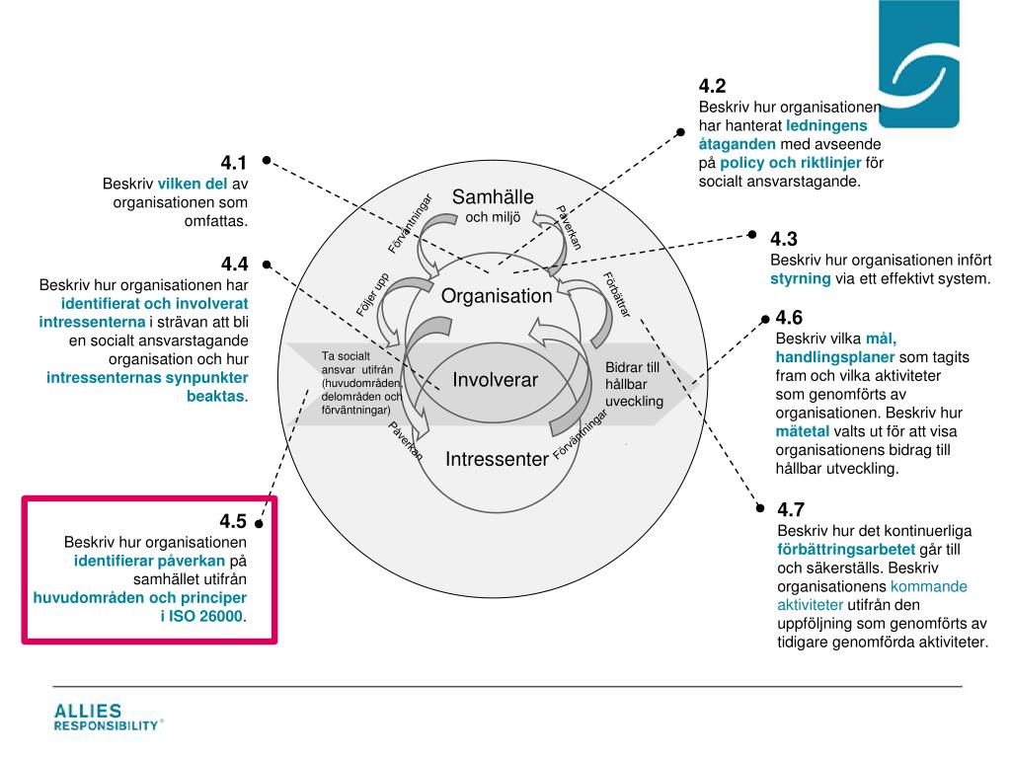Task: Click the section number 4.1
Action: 233,163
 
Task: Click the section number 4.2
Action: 712,86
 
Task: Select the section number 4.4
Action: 234,264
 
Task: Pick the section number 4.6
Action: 789,318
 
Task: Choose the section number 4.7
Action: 791,510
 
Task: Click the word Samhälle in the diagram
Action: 493,197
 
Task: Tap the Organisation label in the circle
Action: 497,296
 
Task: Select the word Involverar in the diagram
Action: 495,380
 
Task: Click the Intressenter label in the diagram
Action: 497,459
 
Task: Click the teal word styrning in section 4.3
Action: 800,279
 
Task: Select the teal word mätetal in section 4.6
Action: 803,431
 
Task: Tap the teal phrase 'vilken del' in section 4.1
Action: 193,185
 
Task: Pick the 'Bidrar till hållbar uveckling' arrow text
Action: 633,385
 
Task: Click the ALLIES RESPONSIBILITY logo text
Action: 106,718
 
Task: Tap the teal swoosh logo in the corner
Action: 918,64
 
